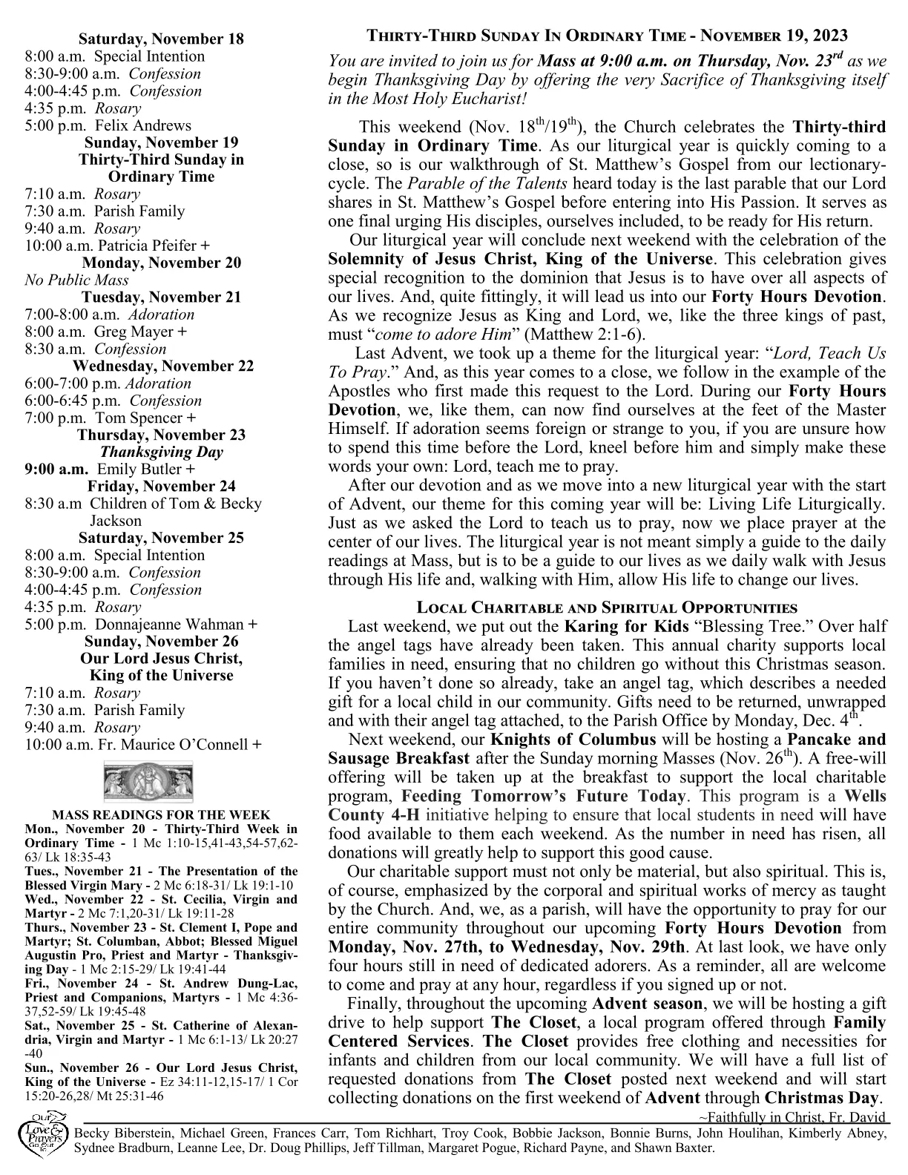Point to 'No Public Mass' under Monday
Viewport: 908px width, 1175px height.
coord(76,280)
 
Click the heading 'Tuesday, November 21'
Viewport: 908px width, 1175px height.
coord(161,297)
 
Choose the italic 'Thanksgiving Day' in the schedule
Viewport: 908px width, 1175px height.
coord(161,452)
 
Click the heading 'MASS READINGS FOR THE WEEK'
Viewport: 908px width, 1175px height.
coord(161,814)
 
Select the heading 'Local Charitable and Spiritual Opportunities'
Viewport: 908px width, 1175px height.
coord(607,608)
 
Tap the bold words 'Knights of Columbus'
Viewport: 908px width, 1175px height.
coord(573,740)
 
